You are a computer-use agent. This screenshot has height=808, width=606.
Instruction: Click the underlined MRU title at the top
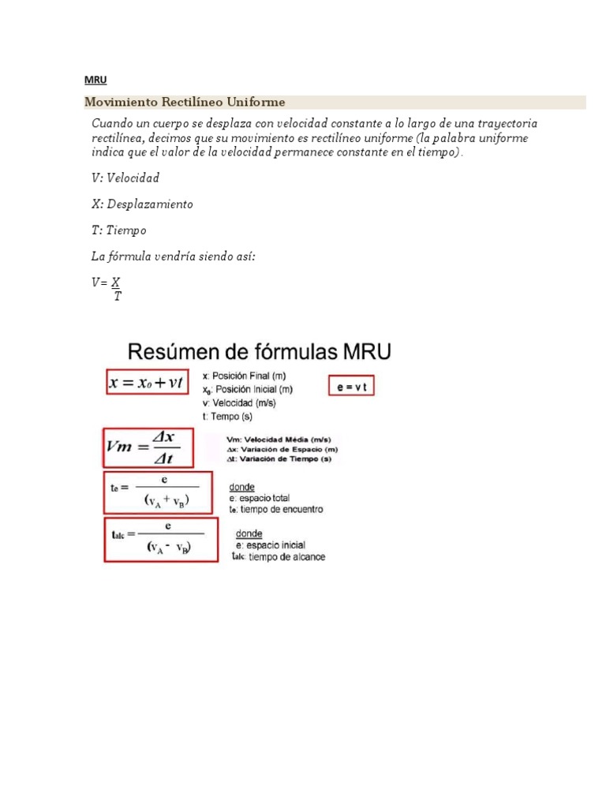[95, 80]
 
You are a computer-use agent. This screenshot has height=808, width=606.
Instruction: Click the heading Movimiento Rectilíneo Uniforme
[185, 103]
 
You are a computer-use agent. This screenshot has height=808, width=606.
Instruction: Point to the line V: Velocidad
[125, 178]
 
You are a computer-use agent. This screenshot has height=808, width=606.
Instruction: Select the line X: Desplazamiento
[142, 204]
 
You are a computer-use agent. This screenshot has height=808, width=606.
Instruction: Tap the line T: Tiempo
[119, 230]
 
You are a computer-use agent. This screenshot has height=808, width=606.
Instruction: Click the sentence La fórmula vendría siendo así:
[174, 256]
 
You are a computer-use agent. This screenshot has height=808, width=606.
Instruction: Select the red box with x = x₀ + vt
[148, 383]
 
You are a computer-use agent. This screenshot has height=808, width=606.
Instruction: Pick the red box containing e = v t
[352, 387]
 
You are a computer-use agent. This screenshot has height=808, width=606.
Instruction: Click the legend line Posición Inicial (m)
[248, 389]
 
